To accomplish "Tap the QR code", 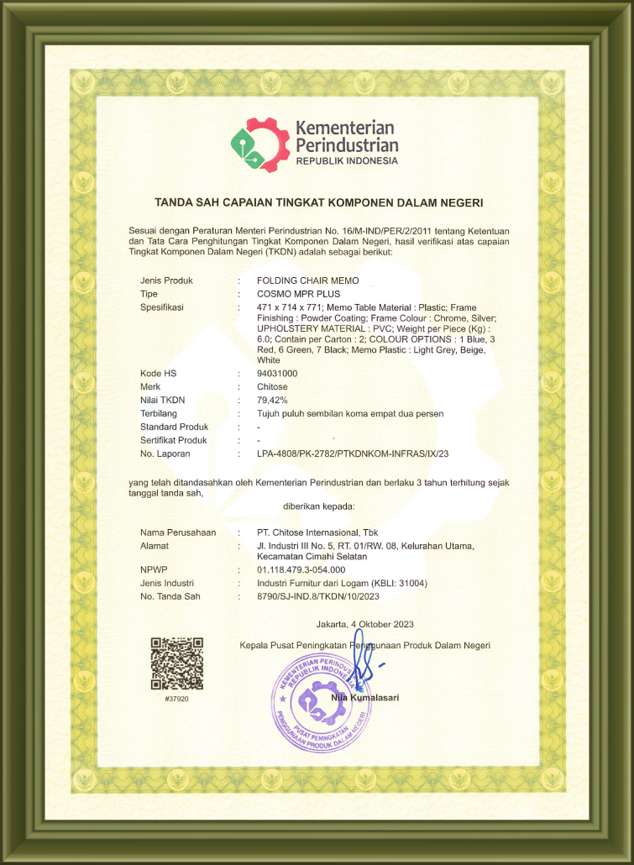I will pos(176,663).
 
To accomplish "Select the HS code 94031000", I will pos(277,373).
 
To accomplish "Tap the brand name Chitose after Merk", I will pos(273,386).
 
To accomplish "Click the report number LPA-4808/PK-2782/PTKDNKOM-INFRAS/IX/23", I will pos(354,453).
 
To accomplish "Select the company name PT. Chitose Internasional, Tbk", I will pos(317,532).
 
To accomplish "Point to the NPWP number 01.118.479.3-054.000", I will pos(301,569).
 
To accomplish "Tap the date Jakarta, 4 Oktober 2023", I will pos(364,624).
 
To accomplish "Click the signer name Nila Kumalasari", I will pos(364,697).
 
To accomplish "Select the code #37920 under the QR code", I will pos(176,699).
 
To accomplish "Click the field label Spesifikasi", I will pos(162,307).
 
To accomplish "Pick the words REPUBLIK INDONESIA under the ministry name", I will pos(347,160).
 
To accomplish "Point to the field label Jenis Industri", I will pos(167,583).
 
